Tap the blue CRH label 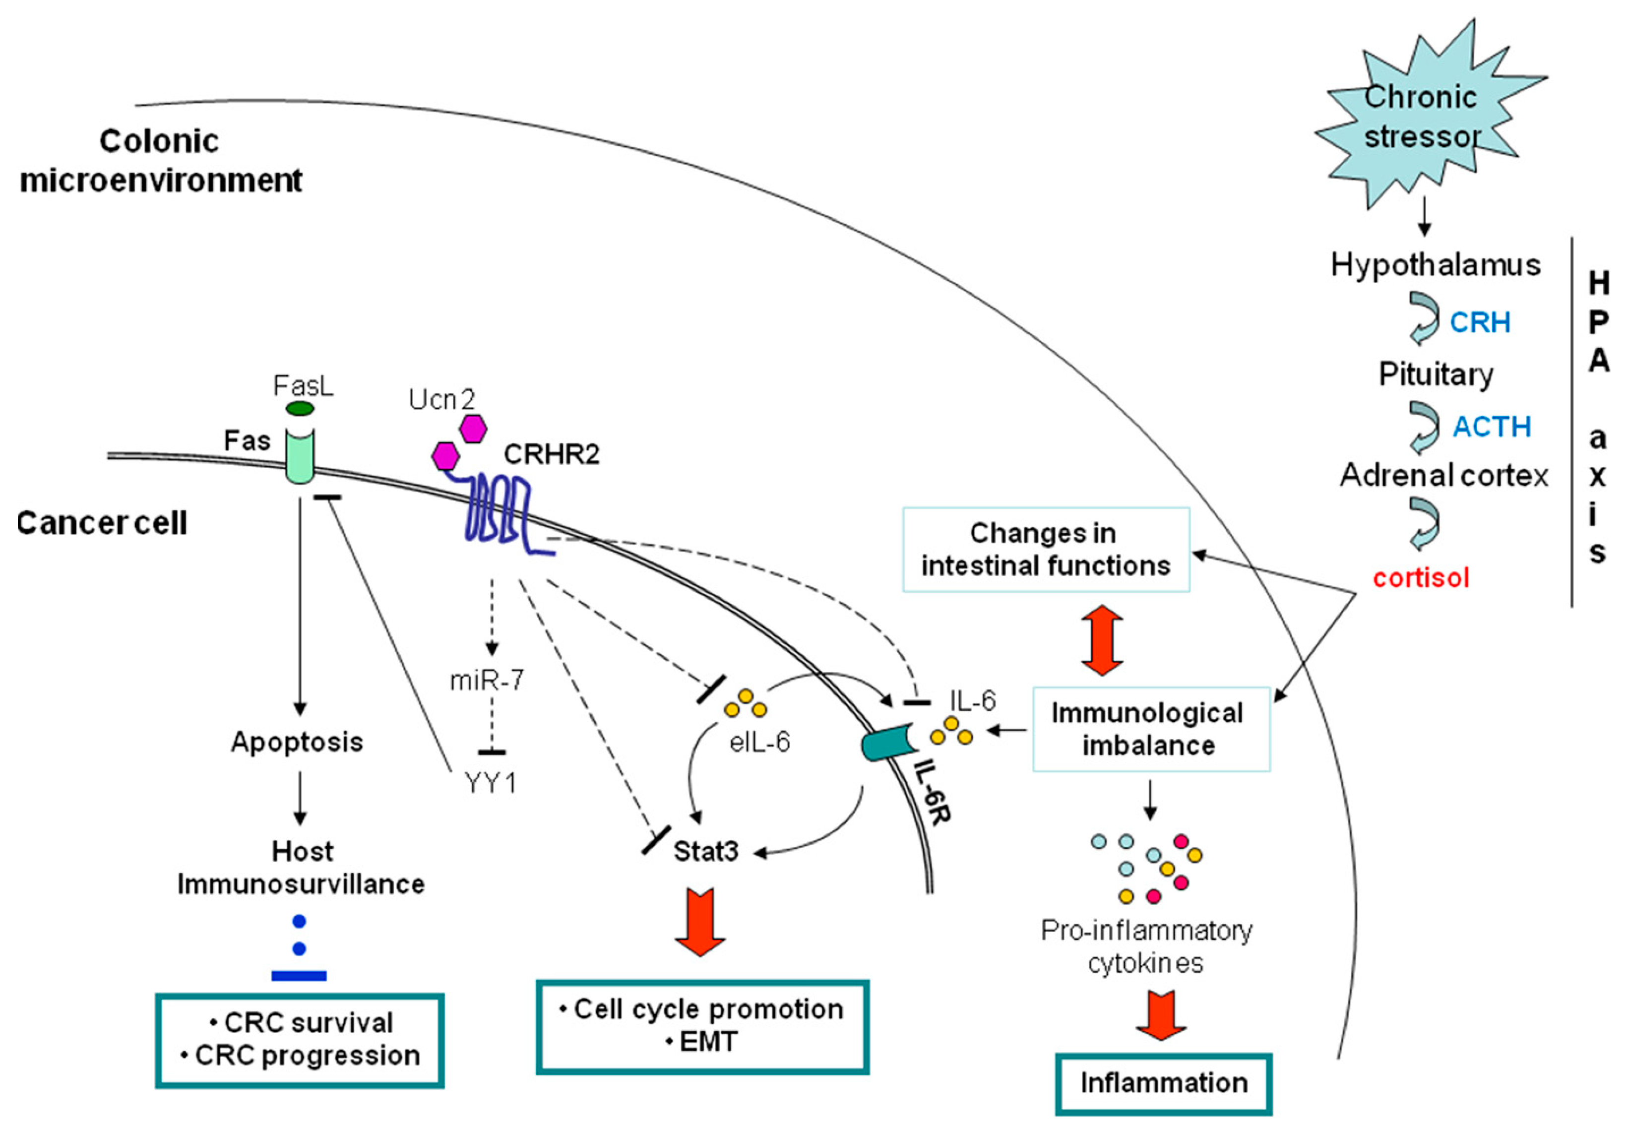coord(1480,323)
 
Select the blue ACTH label coord(1491,427)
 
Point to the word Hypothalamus coord(1435,265)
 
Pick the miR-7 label coord(487,680)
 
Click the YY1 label coord(491,782)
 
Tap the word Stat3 coord(705,852)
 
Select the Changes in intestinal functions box coord(1046,550)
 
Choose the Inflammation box coord(1164,1082)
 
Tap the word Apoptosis coord(297,742)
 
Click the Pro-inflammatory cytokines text coord(1146,947)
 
